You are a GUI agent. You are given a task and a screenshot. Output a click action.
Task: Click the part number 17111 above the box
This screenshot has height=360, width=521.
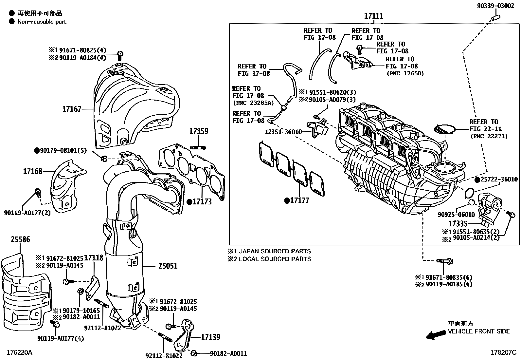coord(374,16)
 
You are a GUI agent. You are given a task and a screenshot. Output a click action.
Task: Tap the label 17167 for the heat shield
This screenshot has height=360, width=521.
coord(72,109)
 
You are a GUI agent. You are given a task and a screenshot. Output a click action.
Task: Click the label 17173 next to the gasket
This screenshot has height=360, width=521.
coord(202,201)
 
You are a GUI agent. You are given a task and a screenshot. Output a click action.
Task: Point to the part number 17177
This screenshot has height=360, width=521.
coord(299,200)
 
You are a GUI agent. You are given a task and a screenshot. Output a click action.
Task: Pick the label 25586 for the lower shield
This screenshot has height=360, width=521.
coord(20,239)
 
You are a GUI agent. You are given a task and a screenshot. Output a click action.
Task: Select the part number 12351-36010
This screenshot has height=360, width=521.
coord(283,132)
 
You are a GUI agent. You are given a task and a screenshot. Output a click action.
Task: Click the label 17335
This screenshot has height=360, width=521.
coord(458,224)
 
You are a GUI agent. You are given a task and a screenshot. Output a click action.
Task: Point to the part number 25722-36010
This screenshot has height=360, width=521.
coord(499,180)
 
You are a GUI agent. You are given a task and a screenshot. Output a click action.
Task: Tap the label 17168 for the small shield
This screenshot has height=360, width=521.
coord(33,171)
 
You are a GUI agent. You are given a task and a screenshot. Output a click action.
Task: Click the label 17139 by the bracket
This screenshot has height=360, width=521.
coord(210,337)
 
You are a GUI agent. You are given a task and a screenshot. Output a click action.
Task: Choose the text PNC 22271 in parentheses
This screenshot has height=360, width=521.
coord(489,136)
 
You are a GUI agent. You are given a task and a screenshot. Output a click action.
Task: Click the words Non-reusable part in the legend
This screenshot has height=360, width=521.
coord(42,22)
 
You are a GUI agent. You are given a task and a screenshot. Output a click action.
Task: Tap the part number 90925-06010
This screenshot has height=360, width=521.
coord(456,215)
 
